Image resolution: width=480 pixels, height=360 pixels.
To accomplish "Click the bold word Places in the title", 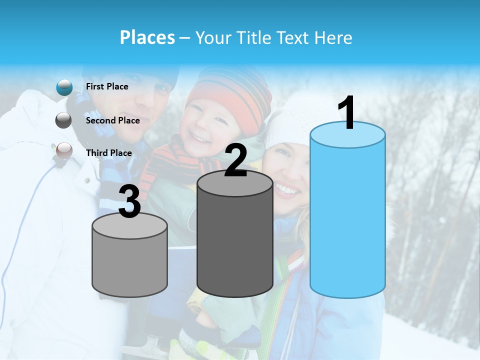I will coord(147,37).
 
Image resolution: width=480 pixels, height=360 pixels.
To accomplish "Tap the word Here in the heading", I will coord(334,37).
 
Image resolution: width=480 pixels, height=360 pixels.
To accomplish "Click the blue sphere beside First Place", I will coord(64,87).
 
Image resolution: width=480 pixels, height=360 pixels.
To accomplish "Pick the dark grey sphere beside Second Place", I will coord(63,120).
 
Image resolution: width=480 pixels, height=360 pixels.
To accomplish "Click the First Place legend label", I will coord(107,86).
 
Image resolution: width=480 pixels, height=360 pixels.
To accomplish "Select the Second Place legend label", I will coord(112,120).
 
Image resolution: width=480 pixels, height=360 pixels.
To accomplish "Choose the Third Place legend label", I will coord(108,153).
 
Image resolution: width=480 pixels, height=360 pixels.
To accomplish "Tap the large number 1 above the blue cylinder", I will coord(347,114).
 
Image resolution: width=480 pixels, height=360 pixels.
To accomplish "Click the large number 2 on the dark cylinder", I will coord(235,160).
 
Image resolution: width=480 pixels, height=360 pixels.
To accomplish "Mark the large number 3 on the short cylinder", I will coord(129,202).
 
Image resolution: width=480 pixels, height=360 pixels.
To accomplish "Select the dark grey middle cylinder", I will coord(235,240).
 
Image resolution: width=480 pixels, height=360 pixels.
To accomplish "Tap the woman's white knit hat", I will coord(290,120).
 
